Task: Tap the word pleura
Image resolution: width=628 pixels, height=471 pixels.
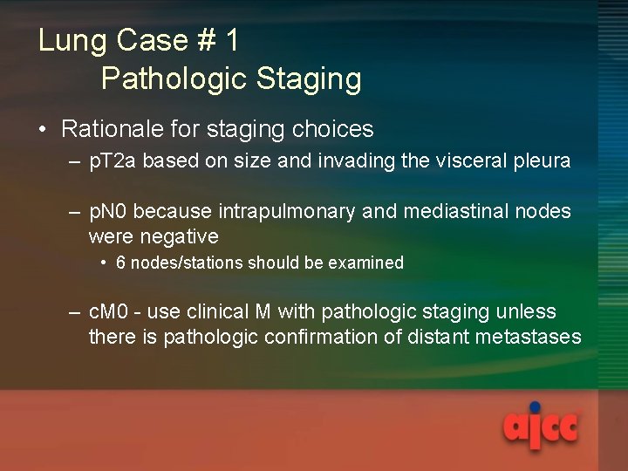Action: tap(541, 161)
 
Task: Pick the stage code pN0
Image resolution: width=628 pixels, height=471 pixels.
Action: tap(109, 212)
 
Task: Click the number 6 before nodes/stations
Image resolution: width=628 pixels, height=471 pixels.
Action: tap(120, 263)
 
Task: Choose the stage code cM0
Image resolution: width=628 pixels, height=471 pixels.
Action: tap(110, 312)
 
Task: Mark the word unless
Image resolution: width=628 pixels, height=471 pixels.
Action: tap(527, 312)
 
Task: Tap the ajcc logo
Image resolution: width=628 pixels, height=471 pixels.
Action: tap(541, 427)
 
